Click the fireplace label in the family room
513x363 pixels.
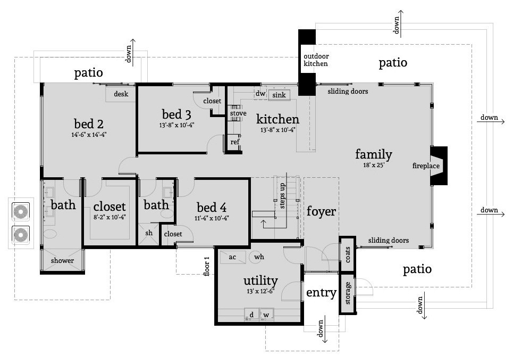point(426,166)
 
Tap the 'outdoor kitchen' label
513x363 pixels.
point(316,60)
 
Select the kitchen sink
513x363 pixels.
point(279,95)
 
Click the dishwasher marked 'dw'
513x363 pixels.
point(260,93)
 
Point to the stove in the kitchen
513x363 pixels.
point(237,113)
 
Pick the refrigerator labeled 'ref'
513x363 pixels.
point(234,142)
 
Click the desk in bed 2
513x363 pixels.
point(120,94)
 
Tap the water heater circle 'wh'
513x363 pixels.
point(258,257)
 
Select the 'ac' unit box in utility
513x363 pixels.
point(233,257)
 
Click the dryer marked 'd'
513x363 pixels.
point(251,315)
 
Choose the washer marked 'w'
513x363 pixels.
point(267,315)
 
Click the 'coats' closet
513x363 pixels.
point(348,254)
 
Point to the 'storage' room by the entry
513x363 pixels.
point(348,293)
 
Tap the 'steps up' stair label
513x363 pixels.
point(282,195)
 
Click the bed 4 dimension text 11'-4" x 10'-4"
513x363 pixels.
point(212,218)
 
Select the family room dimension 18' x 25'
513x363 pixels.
point(374,165)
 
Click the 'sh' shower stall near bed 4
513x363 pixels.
point(149,234)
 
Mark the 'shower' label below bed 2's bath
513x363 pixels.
point(62,261)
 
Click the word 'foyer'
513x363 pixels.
point(321,212)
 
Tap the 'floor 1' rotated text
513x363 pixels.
point(206,266)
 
